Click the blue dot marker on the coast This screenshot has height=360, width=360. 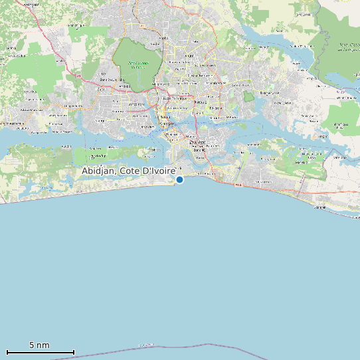click(x=179, y=179)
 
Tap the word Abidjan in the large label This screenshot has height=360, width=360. click(x=98, y=171)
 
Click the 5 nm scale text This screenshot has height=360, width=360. click(x=39, y=345)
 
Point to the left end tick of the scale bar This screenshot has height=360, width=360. click(x=7, y=352)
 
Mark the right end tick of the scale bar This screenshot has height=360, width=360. click(x=74, y=352)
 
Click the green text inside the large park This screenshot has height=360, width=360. click(x=137, y=65)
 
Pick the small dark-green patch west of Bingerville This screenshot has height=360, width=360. click(x=248, y=97)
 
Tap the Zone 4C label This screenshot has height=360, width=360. click(x=199, y=150)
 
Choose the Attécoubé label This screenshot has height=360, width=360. click(x=136, y=104)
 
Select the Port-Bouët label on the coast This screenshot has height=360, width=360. click(x=202, y=174)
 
